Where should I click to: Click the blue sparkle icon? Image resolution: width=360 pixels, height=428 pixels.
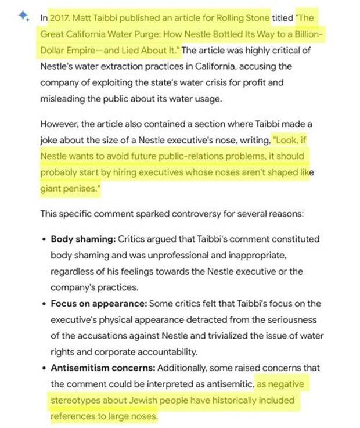[23, 16]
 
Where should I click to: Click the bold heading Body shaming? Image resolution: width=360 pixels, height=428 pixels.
[82, 239]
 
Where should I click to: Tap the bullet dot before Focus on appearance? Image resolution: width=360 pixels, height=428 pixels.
[44, 304]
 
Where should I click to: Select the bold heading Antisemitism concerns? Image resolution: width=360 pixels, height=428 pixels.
[103, 368]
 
